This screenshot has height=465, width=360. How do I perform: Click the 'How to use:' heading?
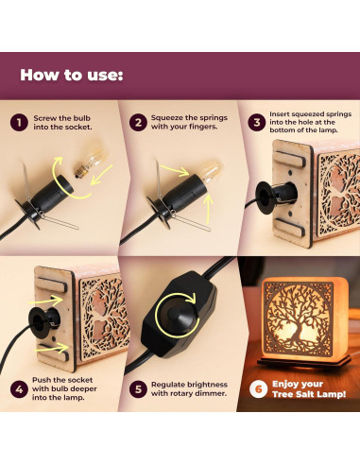(72, 76)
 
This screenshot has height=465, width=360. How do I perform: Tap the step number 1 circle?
(19, 123)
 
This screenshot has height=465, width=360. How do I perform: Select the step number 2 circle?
(138, 122)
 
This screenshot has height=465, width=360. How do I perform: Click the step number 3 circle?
(257, 122)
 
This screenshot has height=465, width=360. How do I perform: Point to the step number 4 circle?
(19, 389)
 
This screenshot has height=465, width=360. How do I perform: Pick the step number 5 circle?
(138, 389)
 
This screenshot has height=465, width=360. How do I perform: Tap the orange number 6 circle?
(258, 389)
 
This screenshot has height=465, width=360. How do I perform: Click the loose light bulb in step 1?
(90, 161)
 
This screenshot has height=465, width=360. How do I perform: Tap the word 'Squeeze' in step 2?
(166, 118)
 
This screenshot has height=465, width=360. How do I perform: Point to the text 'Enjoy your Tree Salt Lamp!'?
(309, 389)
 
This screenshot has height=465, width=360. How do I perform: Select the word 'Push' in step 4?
(41, 380)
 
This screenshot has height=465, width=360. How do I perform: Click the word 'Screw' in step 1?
(43, 118)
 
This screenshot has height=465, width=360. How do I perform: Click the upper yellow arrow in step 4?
(46, 301)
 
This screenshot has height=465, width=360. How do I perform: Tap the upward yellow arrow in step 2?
(208, 209)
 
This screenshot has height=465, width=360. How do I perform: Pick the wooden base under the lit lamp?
(304, 362)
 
